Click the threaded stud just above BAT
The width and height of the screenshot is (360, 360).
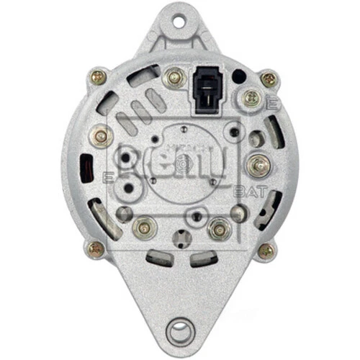257,165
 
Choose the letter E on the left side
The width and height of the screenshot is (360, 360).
108,176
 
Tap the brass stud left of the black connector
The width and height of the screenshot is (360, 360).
173,78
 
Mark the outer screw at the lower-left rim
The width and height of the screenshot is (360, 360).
95,249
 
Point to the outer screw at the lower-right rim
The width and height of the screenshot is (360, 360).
266,250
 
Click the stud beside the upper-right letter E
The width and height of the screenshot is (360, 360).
251,99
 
